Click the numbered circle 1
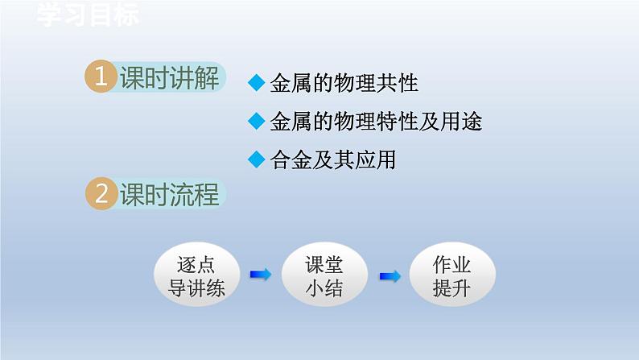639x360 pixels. coord(101,78)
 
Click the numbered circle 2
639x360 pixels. coord(101,194)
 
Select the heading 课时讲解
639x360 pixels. coord(169,79)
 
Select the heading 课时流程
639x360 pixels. coord(169,195)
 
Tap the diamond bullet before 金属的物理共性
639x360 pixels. coord(257,82)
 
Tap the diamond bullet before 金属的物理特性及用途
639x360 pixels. coord(257,121)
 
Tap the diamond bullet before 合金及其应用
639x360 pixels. coord(257,159)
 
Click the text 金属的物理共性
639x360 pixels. coord(344,82)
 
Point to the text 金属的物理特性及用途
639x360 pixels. coord(376,121)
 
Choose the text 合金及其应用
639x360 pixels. coord(332,159)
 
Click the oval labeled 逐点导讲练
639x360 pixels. coord(196,276)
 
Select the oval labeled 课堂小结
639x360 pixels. coord(324,276)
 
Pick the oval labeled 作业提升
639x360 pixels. coord(451,276)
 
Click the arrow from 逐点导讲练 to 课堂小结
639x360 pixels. coord(260,275)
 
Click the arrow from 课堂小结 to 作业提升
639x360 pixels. coord(390,276)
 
